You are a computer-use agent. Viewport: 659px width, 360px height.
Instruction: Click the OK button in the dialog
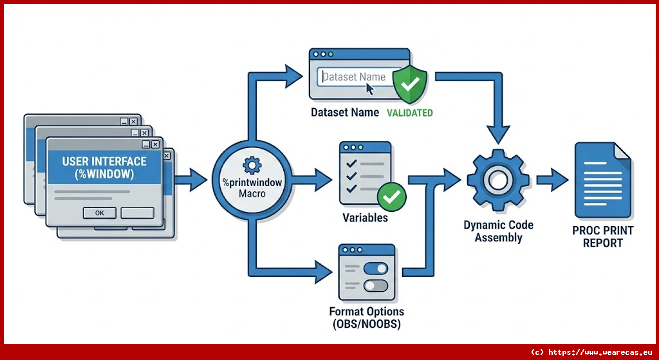[100, 213]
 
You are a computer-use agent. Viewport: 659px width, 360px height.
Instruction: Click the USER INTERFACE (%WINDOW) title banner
[104, 167]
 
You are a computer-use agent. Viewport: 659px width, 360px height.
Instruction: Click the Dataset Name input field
[359, 77]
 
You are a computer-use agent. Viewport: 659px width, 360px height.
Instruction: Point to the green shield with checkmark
[411, 83]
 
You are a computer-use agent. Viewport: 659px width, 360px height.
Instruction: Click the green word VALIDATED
[409, 113]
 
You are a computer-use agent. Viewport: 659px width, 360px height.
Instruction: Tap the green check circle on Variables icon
[391, 196]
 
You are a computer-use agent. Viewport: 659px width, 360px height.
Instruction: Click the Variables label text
[365, 218]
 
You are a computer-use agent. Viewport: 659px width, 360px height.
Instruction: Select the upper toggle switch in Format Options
[376, 268]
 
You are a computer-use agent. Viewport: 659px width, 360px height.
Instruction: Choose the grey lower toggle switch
[376, 285]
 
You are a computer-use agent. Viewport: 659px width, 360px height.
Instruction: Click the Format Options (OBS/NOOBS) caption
[365, 317]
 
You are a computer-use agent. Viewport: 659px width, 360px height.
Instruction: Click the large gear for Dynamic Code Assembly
[497, 180]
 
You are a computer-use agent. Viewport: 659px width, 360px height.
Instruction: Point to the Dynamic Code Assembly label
[498, 231]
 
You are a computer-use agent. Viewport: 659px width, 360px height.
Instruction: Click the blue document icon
[602, 180]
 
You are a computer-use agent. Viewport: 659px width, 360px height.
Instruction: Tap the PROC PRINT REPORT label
[602, 236]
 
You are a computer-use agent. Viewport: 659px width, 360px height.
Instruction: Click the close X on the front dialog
[156, 145]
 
